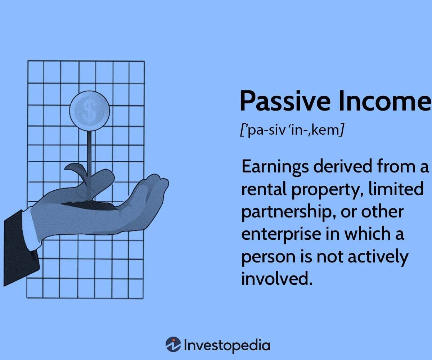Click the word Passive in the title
pos(285,102)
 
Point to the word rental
pos(264,189)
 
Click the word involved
pos(276,278)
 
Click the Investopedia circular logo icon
pos(173,344)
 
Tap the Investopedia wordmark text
pos(227,345)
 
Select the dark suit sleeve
pos(20,248)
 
